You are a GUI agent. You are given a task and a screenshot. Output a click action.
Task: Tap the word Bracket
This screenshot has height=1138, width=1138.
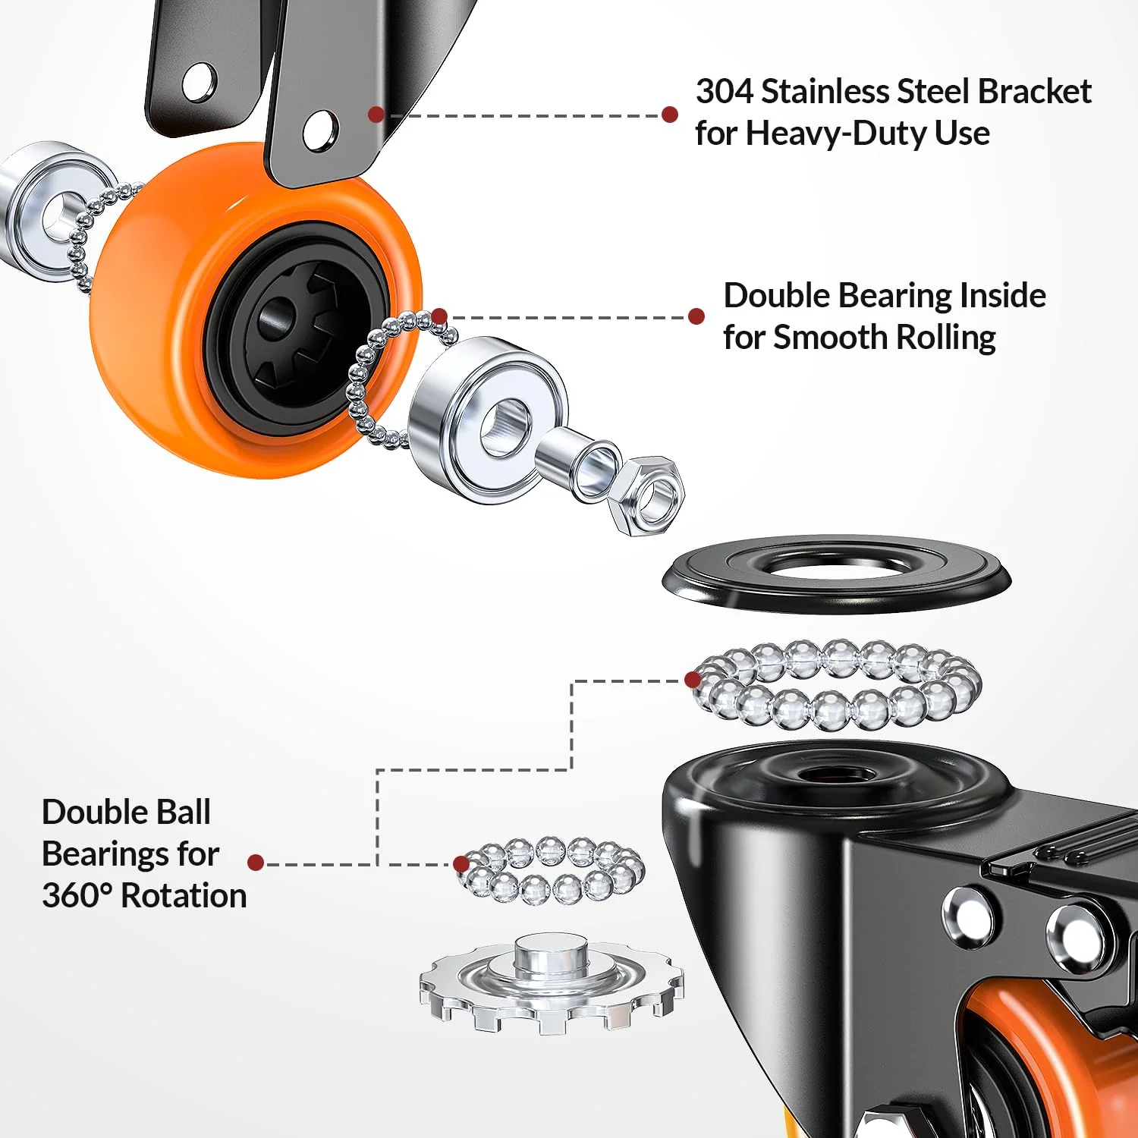tap(1034, 92)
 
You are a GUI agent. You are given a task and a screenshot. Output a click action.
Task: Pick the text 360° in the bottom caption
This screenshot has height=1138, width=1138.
tap(77, 896)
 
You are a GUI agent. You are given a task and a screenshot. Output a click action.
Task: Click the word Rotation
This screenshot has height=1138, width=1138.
tap(184, 896)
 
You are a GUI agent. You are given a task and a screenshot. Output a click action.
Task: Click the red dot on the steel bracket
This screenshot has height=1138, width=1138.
tap(376, 115)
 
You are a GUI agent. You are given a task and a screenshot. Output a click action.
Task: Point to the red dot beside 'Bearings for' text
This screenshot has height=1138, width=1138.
tap(256, 863)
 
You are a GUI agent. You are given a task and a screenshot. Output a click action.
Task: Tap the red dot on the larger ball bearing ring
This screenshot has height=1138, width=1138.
tap(693, 679)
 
